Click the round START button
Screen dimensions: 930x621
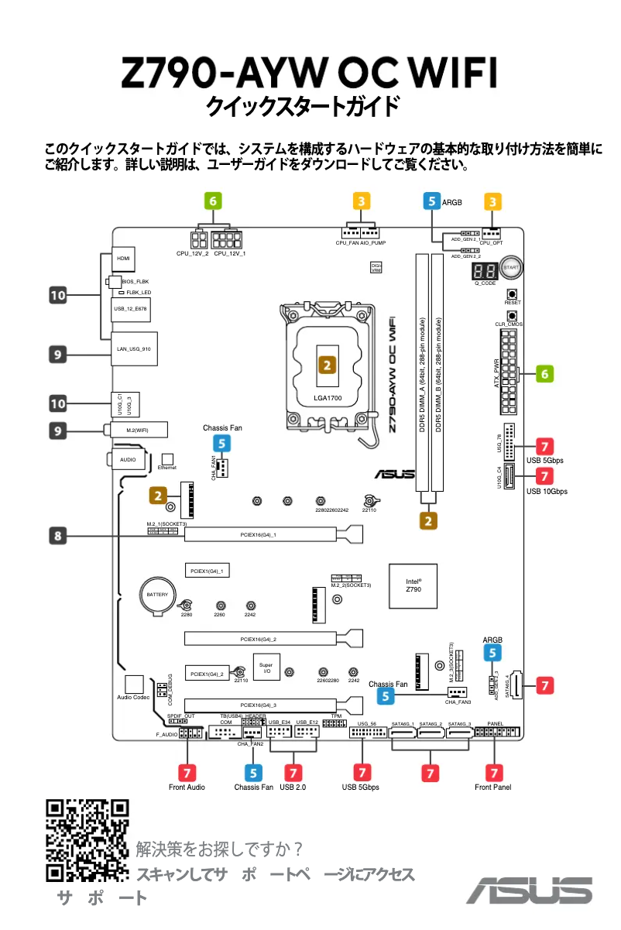[509, 267]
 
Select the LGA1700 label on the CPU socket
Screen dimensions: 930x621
[328, 398]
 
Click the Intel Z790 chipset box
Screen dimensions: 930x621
[413, 585]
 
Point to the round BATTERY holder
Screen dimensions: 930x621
[157, 594]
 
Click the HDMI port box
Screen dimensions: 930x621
[122, 257]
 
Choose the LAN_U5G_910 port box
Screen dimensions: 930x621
[134, 348]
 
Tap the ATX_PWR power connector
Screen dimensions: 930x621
[509, 372]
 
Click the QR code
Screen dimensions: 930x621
[87, 840]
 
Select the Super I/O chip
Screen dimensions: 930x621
[266, 668]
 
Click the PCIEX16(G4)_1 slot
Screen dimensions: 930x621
[264, 534]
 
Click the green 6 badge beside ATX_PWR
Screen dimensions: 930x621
[545, 373]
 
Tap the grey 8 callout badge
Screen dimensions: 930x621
[59, 534]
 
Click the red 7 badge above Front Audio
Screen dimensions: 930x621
[187, 772]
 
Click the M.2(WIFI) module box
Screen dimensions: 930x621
[137, 428]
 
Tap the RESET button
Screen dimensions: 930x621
[512, 294]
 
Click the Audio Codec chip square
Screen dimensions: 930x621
[135, 685]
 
